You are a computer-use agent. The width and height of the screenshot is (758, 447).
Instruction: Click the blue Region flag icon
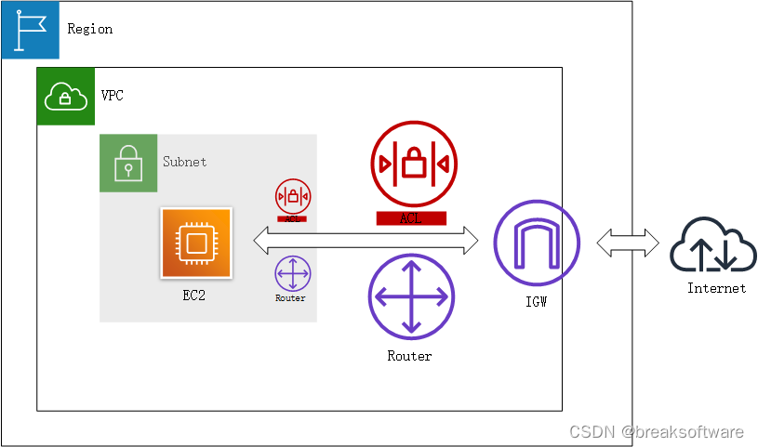pyautogui.click(x=31, y=30)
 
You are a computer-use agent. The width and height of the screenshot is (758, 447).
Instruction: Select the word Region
pyautogui.click(x=90, y=29)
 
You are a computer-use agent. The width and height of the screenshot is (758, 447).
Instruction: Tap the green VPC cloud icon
pyautogui.click(x=65, y=96)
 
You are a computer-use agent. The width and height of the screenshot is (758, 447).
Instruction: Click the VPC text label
pyautogui.click(x=112, y=96)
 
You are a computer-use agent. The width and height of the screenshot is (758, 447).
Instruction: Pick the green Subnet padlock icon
pyautogui.click(x=127, y=163)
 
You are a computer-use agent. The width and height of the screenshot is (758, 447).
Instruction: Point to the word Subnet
pyautogui.click(x=184, y=162)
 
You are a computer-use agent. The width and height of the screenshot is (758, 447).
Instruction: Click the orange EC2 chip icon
pyautogui.click(x=195, y=243)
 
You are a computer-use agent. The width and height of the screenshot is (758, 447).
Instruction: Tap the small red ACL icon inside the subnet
pyautogui.click(x=293, y=197)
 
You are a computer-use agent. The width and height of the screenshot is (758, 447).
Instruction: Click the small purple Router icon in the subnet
pyautogui.click(x=293, y=274)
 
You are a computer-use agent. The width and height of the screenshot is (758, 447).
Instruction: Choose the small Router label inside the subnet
pyautogui.click(x=291, y=298)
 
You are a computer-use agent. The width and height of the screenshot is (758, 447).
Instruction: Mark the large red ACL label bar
pyautogui.click(x=411, y=218)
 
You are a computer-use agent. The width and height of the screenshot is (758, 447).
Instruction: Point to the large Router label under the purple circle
pyautogui.click(x=409, y=356)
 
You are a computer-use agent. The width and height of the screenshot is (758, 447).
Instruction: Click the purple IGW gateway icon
pyautogui.click(x=536, y=243)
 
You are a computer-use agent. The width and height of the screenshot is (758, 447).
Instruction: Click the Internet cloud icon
pyautogui.click(x=715, y=245)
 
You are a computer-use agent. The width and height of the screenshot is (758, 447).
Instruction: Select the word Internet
pyautogui.click(x=716, y=288)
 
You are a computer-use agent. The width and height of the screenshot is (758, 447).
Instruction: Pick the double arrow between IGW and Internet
pyautogui.click(x=623, y=243)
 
